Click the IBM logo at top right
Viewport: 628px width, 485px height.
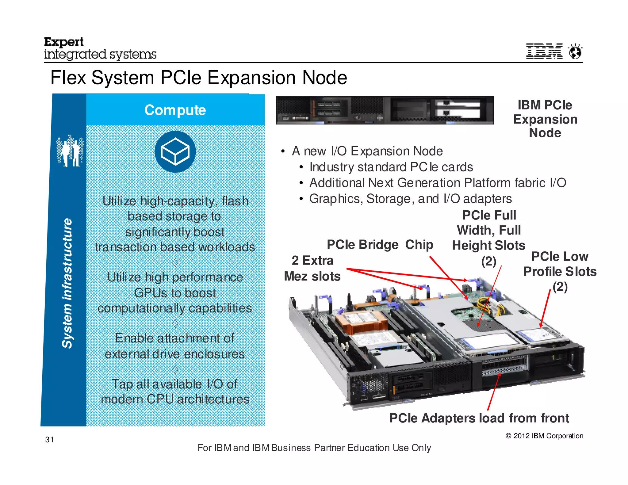(x=544, y=51)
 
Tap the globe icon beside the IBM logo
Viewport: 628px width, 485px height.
(x=575, y=51)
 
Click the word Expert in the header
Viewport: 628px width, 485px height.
(x=64, y=42)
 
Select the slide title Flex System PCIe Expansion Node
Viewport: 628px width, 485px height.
(x=199, y=77)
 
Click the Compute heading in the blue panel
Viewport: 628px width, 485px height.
(x=175, y=110)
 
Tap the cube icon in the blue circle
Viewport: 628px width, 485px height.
(x=175, y=151)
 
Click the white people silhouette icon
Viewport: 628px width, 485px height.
(x=70, y=151)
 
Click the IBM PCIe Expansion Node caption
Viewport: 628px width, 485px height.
(x=545, y=119)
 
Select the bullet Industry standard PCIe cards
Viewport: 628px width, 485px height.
(x=391, y=167)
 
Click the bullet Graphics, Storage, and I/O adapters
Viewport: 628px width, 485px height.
(x=410, y=199)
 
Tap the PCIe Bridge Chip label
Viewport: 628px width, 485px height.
(x=380, y=245)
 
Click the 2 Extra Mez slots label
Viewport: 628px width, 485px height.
(x=312, y=268)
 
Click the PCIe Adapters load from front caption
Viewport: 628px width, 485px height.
(x=479, y=418)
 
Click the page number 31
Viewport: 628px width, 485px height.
(x=49, y=439)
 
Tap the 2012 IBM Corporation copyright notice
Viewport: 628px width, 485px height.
(x=544, y=436)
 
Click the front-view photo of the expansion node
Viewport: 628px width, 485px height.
(x=385, y=110)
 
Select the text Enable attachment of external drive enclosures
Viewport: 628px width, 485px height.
(x=175, y=346)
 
